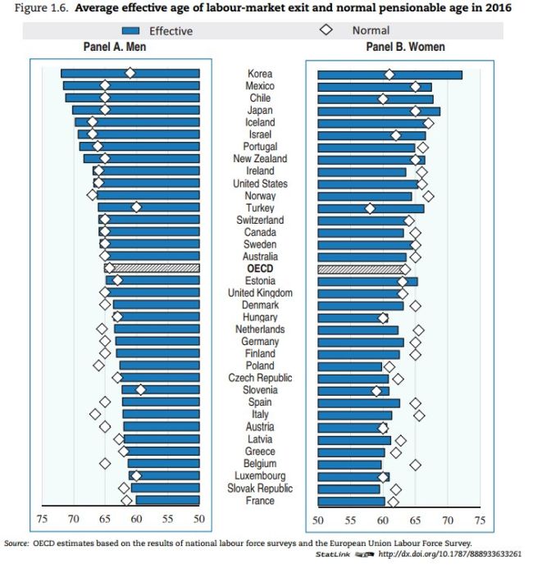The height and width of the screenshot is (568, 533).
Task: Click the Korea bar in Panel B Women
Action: tap(389, 75)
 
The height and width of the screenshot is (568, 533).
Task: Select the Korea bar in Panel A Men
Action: tap(130, 74)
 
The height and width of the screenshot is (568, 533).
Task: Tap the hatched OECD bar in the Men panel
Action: tap(156, 268)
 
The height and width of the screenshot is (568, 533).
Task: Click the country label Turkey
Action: tap(260, 207)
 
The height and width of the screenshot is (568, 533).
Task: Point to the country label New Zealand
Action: tap(260, 159)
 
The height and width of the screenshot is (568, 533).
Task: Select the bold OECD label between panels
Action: tap(260, 269)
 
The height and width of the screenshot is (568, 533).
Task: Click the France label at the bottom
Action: tap(260, 500)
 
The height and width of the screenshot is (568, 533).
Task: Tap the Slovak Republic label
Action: tap(260, 488)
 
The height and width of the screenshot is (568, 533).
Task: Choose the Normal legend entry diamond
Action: tap(326, 30)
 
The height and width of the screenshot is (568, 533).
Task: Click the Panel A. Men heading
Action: tap(114, 48)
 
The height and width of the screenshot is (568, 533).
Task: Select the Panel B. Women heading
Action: tap(405, 48)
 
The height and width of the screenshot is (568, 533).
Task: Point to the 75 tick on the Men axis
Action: tap(42, 518)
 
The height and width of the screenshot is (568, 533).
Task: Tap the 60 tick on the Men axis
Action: tap(136, 518)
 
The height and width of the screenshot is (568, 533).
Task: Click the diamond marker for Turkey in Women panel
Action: tap(370, 208)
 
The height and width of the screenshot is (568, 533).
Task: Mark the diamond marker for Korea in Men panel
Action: tap(130, 74)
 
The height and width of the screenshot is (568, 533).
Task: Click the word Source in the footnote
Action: tap(16, 543)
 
